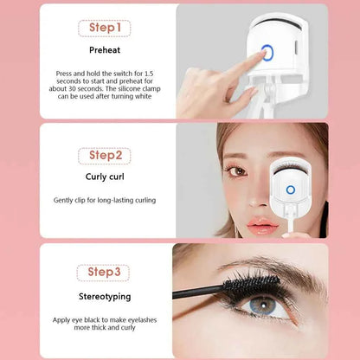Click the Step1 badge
(105, 29)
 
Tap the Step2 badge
(105, 156)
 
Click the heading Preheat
(105, 50)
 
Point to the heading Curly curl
(105, 178)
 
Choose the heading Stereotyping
(105, 297)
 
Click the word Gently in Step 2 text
(64, 200)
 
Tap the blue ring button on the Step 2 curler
(292, 188)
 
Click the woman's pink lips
(262, 227)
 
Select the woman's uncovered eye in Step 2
(235, 170)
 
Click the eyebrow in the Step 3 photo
(268, 266)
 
